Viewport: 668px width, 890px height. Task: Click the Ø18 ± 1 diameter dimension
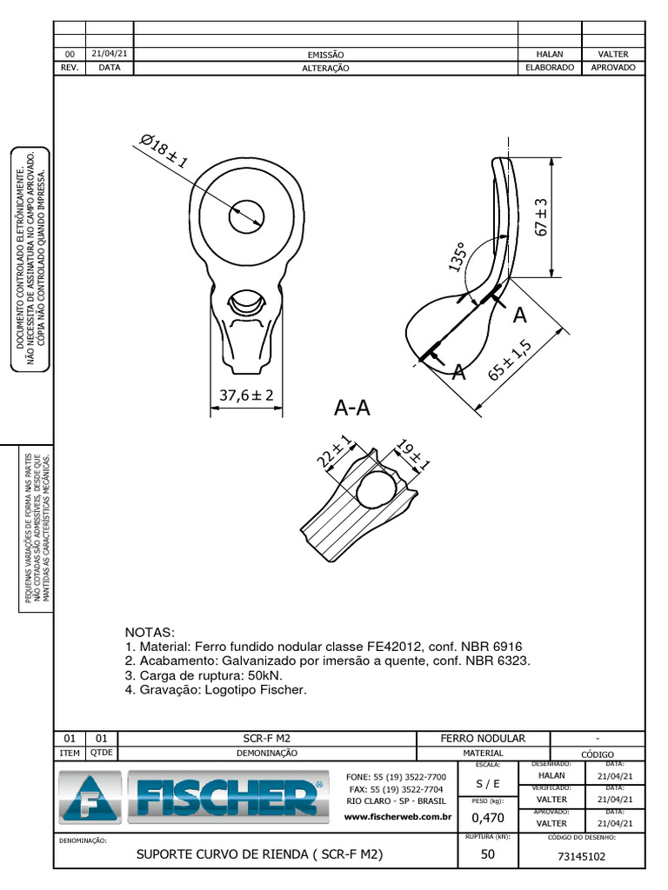pos(164,155)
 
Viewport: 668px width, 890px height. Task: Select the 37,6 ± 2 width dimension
pos(246,395)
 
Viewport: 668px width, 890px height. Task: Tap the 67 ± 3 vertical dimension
pos(541,217)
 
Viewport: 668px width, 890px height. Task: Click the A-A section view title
pos(351,408)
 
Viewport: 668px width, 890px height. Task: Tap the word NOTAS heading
pos(150,632)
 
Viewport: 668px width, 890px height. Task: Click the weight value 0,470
pos(487,817)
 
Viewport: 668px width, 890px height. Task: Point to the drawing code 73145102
pos(580,856)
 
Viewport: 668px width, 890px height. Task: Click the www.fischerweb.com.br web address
pos(398,816)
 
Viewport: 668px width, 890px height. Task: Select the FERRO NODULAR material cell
pos(483,738)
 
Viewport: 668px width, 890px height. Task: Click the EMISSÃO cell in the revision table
pos(326,54)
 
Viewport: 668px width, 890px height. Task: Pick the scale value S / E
pos(487,783)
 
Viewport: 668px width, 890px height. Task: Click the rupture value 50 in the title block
pos(487,854)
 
